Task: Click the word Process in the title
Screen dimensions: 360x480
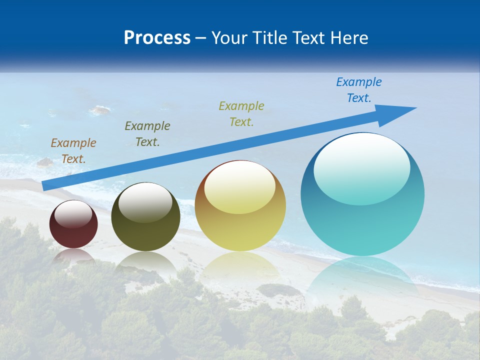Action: coord(157,38)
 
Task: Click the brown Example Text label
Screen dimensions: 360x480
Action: coord(73,151)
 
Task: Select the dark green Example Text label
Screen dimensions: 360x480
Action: coord(147,134)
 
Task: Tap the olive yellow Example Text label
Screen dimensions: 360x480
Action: coord(241,114)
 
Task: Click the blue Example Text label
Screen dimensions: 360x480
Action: coord(359,90)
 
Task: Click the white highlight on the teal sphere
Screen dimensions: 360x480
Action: coord(362,167)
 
